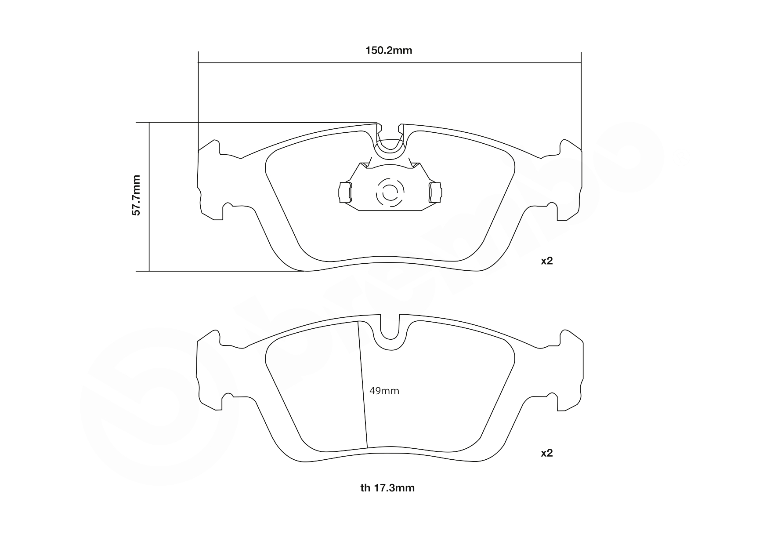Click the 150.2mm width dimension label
389,51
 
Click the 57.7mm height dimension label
137,195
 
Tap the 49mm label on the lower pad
384,391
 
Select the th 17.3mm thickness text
387,488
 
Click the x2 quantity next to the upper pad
546,261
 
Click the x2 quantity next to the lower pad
546,453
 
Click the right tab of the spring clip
436,192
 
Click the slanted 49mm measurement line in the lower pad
363,387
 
